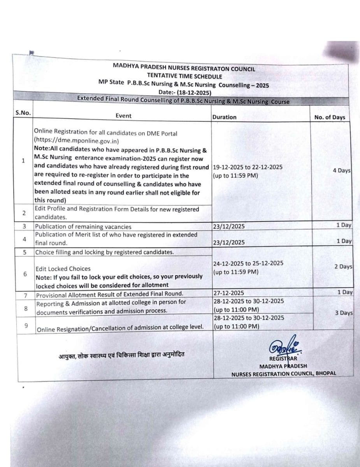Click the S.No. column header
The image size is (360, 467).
tap(23, 113)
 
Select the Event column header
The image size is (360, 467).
tap(123, 116)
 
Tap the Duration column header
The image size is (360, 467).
tap(224, 117)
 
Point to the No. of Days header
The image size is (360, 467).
tap(329, 117)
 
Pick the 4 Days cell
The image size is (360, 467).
tap(342, 170)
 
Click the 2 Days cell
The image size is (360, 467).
tap(343, 267)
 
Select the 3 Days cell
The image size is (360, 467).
tap(344, 313)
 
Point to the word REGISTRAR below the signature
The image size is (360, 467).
tap(283, 358)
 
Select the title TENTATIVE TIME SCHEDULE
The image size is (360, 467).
tap(184, 76)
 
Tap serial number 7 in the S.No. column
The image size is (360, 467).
tap(25, 295)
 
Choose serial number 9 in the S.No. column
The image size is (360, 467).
tap(26, 326)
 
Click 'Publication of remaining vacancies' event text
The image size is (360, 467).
tap(83, 226)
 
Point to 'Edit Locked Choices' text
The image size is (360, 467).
tap(63, 269)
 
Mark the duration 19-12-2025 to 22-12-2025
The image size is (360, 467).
tap(248, 167)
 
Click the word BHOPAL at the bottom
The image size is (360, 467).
tap(326, 374)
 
